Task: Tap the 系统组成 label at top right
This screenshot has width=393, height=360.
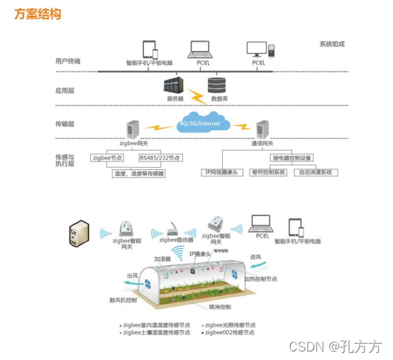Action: pos(331,44)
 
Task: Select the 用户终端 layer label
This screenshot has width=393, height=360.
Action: pos(68,61)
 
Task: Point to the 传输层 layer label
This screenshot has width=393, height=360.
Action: pos(65,123)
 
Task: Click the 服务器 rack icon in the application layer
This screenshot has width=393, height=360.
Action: pos(173,86)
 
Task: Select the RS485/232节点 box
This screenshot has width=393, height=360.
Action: pos(160,157)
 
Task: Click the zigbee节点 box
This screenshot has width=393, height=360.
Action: pos(108,157)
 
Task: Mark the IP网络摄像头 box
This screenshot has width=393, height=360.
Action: pos(223,172)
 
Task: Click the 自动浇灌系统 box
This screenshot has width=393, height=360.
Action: pos(316,172)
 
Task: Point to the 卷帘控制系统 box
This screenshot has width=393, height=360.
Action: pos(269,172)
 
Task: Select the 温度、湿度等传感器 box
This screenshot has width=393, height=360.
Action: pos(138,173)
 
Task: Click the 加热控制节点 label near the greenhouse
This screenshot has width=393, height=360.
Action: pos(260,279)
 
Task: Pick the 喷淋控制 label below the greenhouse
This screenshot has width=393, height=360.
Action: pos(219,307)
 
